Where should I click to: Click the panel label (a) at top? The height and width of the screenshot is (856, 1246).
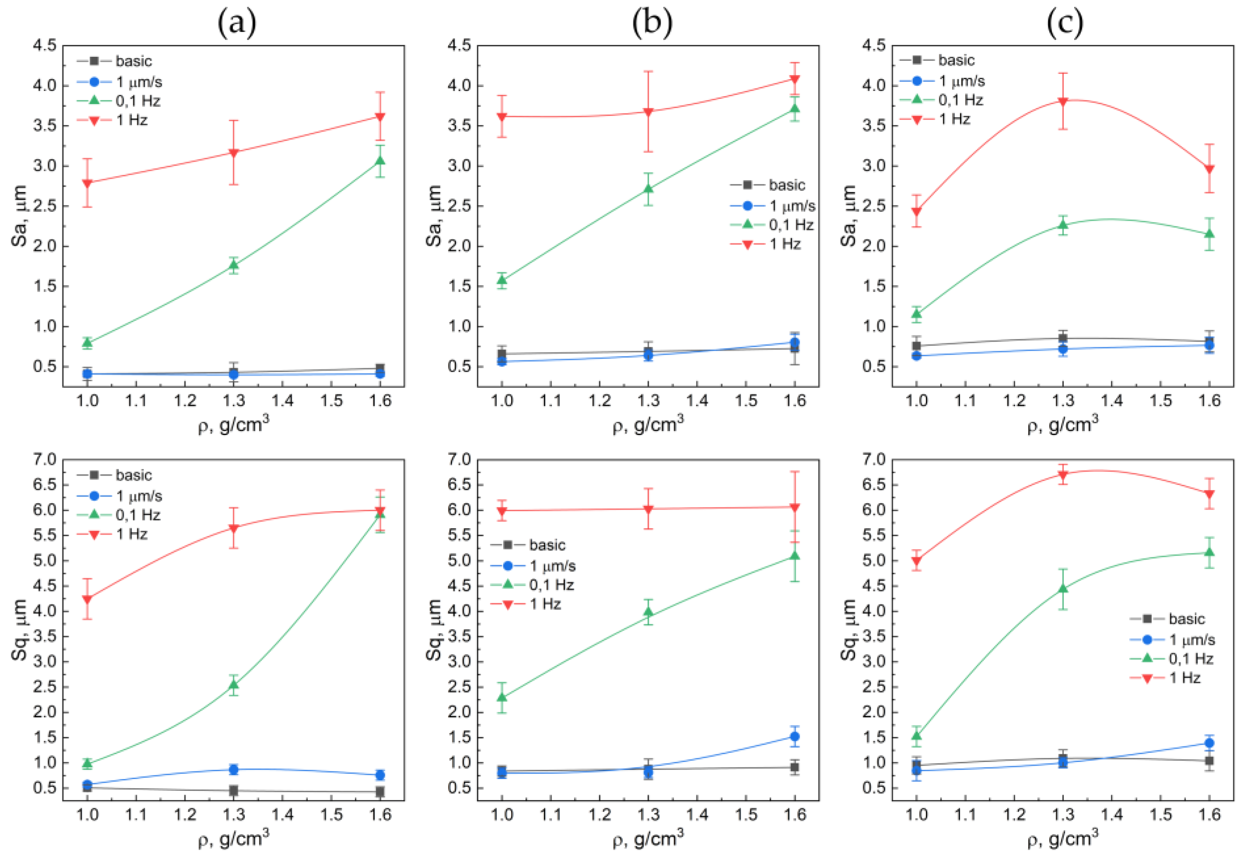(x=237, y=23)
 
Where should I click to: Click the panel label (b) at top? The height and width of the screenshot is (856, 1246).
(x=652, y=23)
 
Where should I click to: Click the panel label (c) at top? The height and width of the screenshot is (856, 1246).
(x=1065, y=23)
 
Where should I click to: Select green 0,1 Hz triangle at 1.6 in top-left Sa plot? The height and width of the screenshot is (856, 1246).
(x=380, y=160)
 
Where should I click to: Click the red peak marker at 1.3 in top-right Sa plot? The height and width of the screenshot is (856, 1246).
(x=1062, y=101)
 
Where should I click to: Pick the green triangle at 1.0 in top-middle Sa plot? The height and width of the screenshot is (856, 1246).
(x=502, y=279)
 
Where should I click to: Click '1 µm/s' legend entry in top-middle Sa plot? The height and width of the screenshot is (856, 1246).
(x=792, y=206)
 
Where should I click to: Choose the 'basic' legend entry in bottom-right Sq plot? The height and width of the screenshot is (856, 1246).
(x=1187, y=619)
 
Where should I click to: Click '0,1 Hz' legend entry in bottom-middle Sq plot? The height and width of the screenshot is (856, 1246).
(x=551, y=585)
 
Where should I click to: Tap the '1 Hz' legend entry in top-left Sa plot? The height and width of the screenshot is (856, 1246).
(x=132, y=120)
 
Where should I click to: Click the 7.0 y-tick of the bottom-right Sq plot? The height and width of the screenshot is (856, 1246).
(x=874, y=459)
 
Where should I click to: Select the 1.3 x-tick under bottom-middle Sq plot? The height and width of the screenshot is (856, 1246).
(x=648, y=815)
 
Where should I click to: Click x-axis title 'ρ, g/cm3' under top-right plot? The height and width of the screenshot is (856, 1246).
(x=1062, y=425)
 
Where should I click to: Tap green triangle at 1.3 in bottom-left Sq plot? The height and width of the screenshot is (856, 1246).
(x=233, y=684)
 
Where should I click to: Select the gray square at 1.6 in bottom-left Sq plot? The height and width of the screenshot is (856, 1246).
(x=380, y=792)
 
